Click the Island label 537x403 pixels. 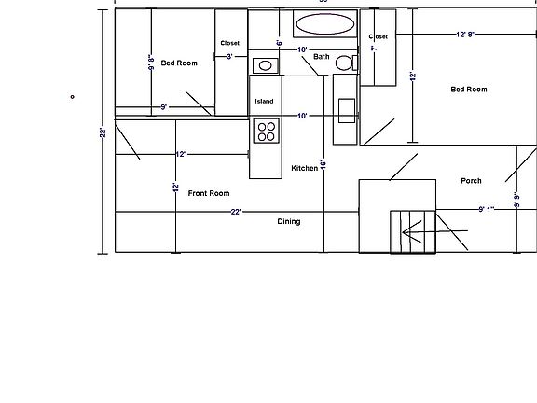coord(264,101)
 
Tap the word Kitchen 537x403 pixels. coord(304,168)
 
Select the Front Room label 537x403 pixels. coord(208,193)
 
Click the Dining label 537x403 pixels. coord(289,222)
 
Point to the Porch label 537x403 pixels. coord(471,181)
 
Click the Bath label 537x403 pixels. coord(322,57)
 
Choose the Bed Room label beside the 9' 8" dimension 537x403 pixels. coord(179,63)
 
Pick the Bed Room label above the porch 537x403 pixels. coord(469,90)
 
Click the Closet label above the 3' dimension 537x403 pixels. coord(230,43)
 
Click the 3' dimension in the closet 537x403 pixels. coord(230,57)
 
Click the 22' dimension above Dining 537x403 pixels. coord(237,212)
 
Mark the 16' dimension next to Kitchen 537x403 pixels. coord(323,164)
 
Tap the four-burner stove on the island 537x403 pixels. coord(265,132)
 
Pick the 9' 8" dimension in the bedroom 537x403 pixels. coord(150,63)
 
